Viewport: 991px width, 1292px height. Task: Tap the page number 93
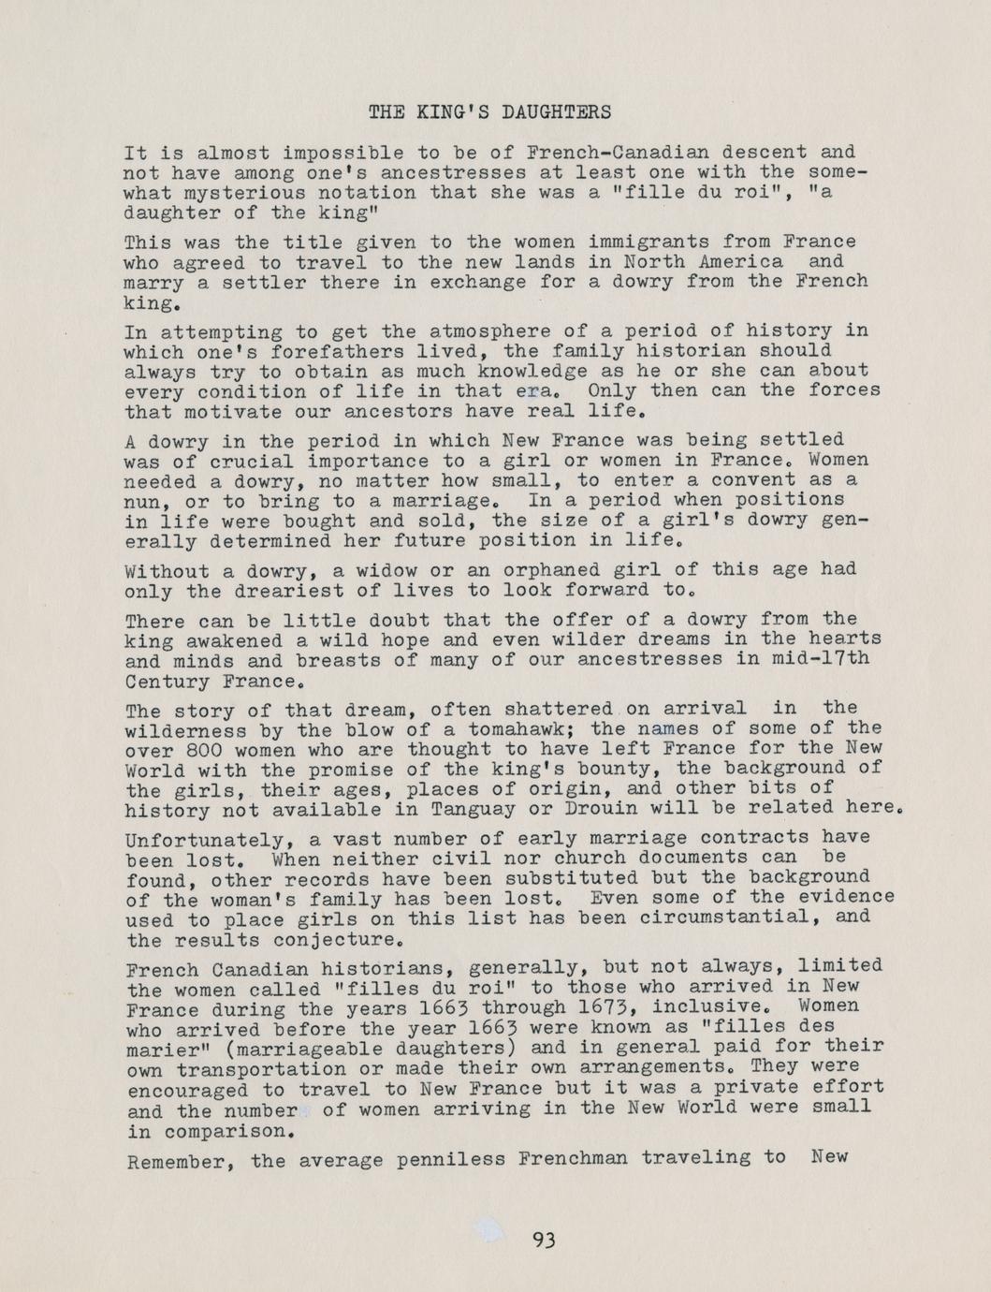click(x=544, y=1241)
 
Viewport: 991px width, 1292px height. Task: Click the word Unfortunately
click(x=188, y=838)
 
